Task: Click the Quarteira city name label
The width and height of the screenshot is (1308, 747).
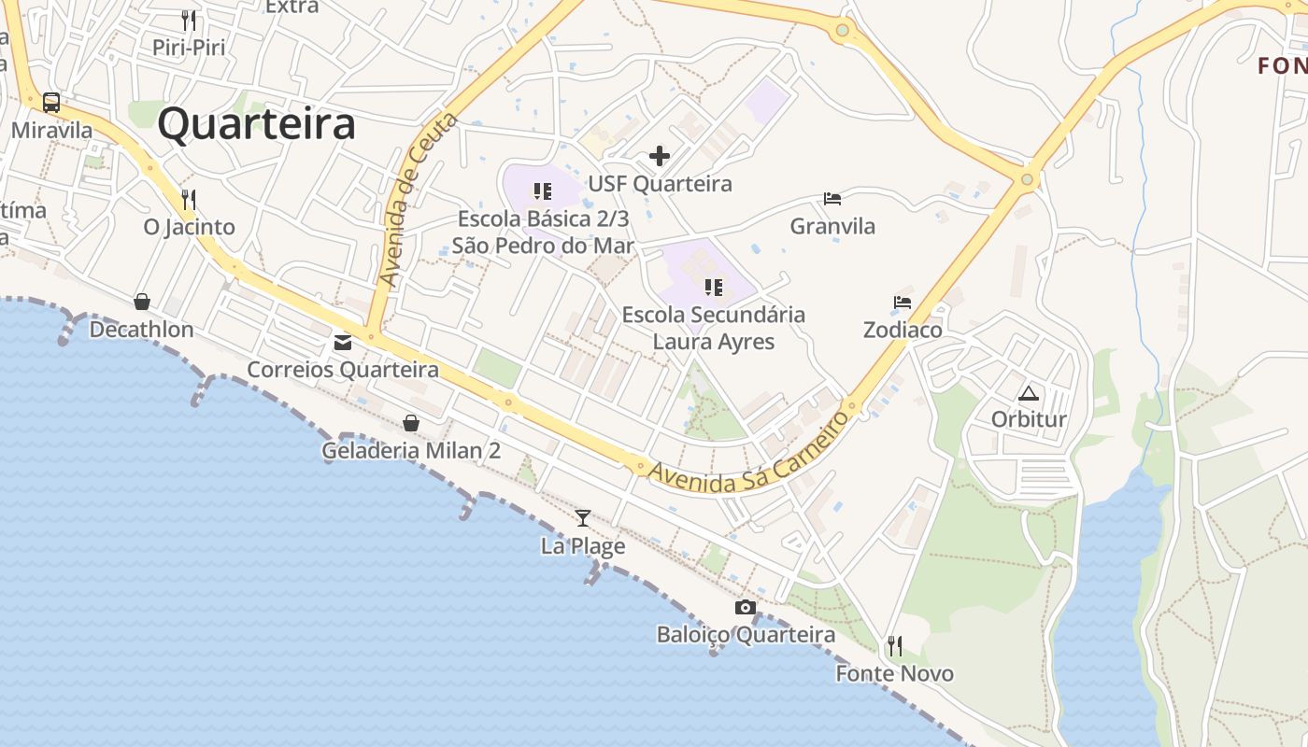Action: coord(256,124)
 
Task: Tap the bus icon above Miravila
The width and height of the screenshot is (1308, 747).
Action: coord(51,103)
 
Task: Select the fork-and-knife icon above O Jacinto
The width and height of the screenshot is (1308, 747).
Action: coord(189,199)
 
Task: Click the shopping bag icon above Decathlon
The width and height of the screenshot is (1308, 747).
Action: coord(142,302)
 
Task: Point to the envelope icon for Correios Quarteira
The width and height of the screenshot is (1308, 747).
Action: coord(343,343)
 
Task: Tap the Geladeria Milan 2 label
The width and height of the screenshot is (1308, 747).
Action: coord(411,451)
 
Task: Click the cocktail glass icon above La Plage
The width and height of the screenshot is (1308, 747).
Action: coord(583,517)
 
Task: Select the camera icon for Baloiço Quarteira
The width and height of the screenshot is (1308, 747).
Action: coord(745,608)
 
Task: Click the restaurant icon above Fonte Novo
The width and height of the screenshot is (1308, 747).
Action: coord(894,645)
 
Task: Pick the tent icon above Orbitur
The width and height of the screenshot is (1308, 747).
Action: coord(1029,393)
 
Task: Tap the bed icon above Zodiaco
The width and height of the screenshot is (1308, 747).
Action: coord(903,303)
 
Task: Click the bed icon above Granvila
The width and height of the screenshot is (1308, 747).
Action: coord(832,199)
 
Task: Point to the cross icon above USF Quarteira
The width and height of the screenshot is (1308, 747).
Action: coord(660,156)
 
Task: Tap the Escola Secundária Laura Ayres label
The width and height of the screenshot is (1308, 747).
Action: coord(714,328)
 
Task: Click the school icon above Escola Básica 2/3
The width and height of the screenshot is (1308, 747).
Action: coord(543,191)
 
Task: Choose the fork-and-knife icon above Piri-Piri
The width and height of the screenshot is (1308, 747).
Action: coord(189,20)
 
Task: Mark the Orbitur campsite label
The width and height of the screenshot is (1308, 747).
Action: coord(1029,419)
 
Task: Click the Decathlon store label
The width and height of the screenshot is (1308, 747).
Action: coord(142,330)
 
